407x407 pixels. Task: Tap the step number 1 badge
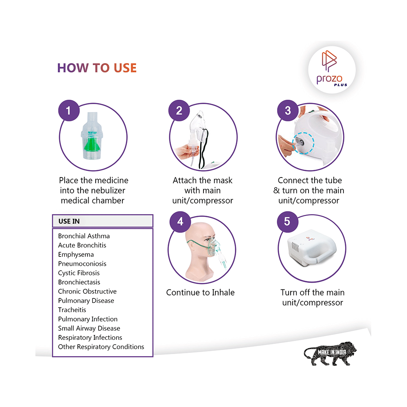click(x=69, y=111)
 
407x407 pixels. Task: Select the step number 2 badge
click(x=179, y=111)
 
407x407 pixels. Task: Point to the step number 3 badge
click(x=288, y=111)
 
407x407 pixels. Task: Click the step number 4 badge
click(x=180, y=222)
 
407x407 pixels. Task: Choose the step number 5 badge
click(x=287, y=222)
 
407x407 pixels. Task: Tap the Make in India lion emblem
click(x=330, y=354)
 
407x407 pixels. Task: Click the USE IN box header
click(x=103, y=221)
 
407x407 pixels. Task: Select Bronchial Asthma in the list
click(x=84, y=236)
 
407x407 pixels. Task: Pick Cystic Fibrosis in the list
click(x=79, y=273)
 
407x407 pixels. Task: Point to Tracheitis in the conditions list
click(x=72, y=310)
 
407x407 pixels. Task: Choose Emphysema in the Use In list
click(x=76, y=255)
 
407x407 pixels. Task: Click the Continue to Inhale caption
click(x=200, y=293)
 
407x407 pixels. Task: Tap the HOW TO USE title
click(x=97, y=68)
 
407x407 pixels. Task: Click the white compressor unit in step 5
click(x=311, y=247)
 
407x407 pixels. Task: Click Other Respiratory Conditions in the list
click(x=101, y=347)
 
